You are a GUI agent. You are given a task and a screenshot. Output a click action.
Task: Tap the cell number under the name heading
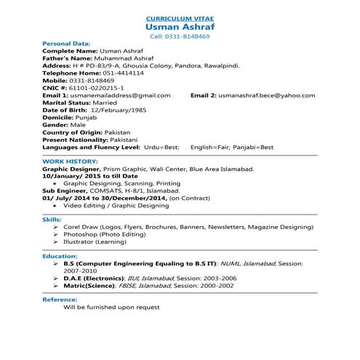tap(180, 36)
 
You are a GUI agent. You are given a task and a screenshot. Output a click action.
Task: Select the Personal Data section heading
tap(66, 44)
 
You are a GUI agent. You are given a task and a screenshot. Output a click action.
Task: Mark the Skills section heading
tap(52, 219)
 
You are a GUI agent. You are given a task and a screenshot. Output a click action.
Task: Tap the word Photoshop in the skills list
tap(79, 234)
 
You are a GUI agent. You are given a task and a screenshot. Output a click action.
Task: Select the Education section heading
tap(59, 256)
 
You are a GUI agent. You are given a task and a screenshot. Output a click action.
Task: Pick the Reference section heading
tap(60, 300)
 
